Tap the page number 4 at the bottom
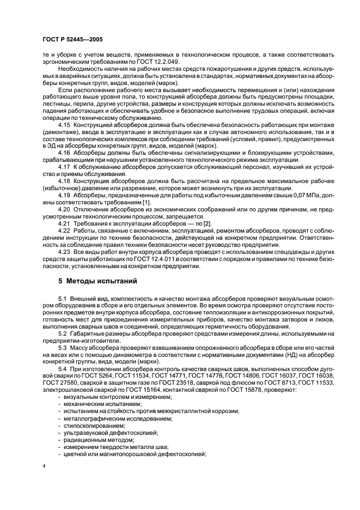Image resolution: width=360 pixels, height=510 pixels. pyautogui.click(x=43, y=466)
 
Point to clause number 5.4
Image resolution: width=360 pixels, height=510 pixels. pyautogui.click(x=62, y=368)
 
